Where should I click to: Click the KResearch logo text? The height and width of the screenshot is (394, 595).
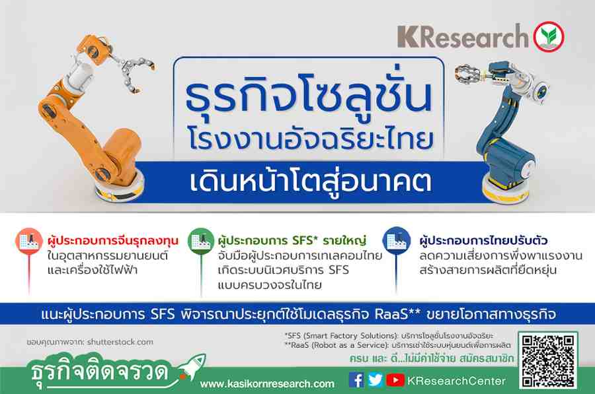463,36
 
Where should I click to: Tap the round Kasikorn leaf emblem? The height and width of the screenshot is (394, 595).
549,37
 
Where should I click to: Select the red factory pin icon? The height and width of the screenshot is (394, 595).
29,240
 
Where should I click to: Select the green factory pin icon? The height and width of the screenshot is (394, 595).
201,240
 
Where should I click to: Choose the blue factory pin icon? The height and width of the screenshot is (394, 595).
397,240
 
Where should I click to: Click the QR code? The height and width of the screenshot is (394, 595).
548,360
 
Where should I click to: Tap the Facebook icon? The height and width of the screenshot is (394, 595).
356,380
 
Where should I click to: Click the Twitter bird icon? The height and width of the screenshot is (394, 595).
376,380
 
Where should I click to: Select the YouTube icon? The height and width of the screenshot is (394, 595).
395,380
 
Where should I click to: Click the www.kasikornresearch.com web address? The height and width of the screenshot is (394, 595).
268,384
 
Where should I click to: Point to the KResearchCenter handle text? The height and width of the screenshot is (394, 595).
456,381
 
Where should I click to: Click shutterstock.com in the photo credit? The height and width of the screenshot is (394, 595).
120,342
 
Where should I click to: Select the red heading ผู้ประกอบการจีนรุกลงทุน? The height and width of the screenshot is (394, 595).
113,240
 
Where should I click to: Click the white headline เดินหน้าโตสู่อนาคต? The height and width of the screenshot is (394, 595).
311,181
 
